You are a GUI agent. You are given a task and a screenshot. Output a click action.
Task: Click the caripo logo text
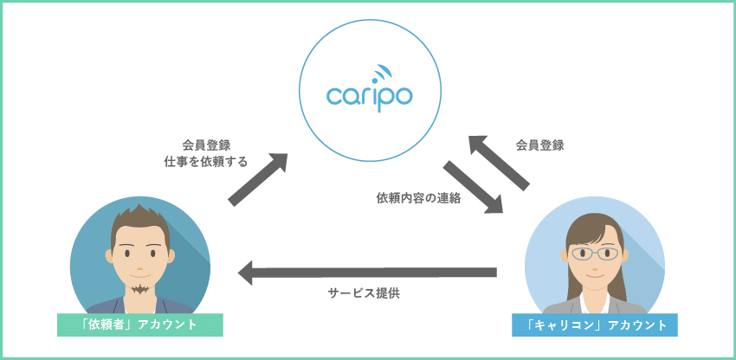coord(369,93)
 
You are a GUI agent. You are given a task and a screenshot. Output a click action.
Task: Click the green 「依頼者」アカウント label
coord(139,325)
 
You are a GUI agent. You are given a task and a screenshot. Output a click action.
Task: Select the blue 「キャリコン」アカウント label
coord(596,325)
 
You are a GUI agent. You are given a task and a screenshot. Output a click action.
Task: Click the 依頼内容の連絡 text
coord(418,197)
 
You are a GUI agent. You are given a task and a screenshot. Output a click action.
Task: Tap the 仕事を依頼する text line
coord(206,161)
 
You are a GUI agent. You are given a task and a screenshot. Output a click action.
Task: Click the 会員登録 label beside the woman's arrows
coord(539,145)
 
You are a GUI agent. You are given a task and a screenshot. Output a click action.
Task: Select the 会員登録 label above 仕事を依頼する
coord(206,145)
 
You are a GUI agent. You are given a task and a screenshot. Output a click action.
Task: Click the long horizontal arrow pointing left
coord(367,273)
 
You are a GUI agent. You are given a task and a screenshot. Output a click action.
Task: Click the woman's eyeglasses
coord(595,254)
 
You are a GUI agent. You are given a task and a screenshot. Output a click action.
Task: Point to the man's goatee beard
coord(139,286)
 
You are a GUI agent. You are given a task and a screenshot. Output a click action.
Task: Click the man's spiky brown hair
coord(139,217)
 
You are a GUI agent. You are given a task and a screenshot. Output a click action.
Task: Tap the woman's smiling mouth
coord(595,273)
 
